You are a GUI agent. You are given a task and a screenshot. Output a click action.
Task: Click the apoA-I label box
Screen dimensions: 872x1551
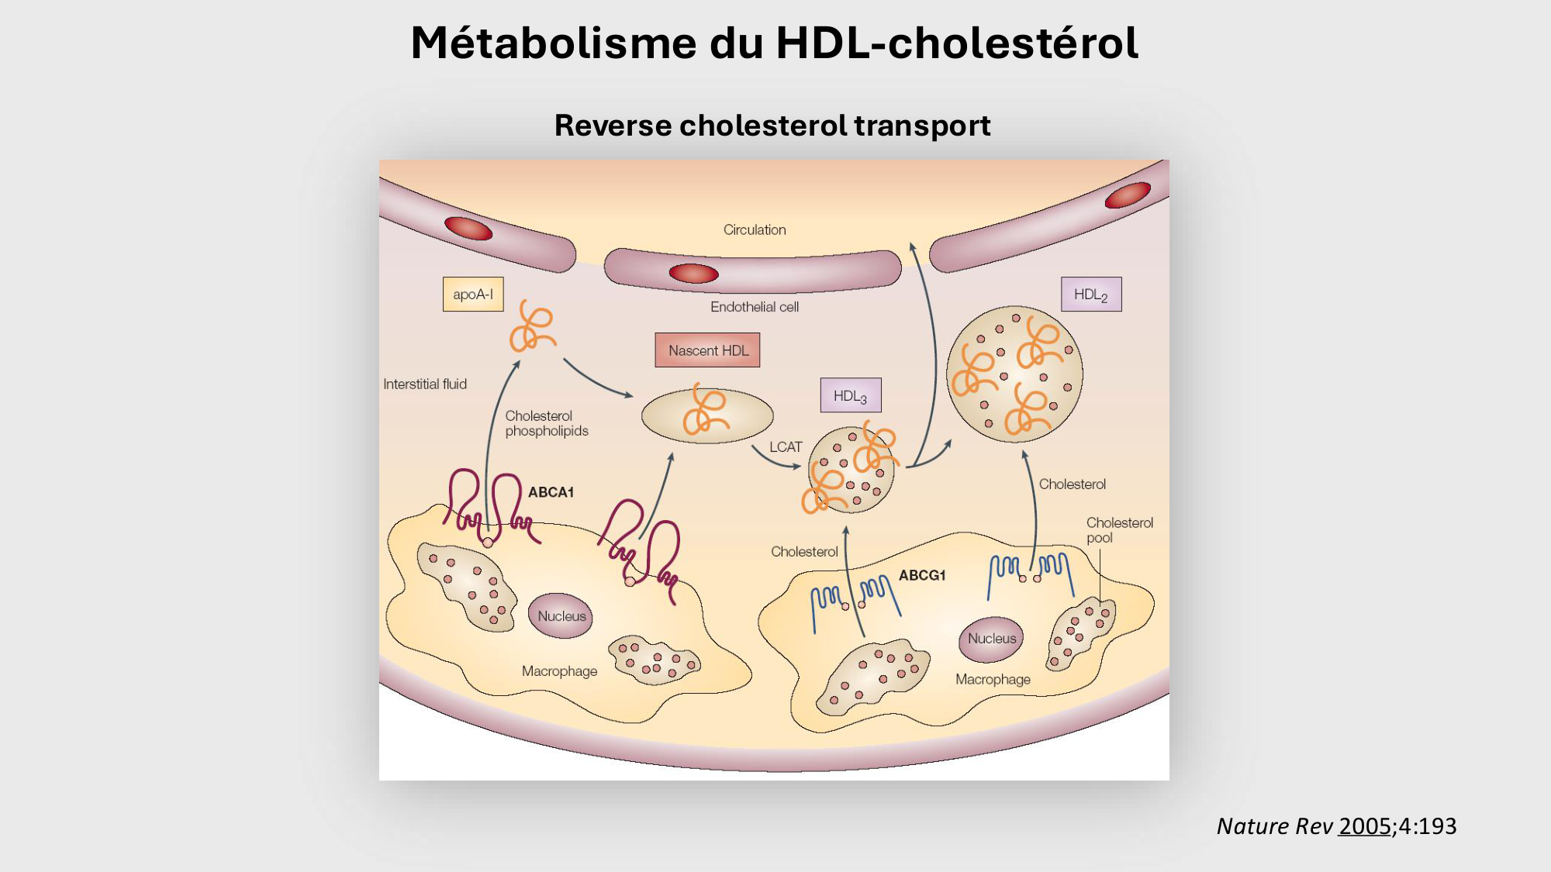tap(473, 295)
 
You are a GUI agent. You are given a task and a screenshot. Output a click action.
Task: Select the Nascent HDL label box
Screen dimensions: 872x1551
tap(707, 350)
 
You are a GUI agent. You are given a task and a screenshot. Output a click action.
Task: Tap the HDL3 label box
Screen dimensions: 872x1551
tap(851, 396)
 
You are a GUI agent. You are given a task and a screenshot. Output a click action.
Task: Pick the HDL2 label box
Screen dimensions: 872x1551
tap(1091, 295)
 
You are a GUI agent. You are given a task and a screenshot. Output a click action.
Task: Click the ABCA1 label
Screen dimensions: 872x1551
tap(551, 492)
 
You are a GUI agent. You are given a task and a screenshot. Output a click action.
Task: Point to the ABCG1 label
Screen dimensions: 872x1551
tap(922, 575)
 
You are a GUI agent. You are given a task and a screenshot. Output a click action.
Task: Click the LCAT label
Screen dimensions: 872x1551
tap(786, 447)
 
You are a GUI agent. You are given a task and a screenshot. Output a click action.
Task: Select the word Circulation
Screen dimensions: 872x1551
tap(755, 230)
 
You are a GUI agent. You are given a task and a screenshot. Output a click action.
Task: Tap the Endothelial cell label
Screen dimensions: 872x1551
tap(755, 307)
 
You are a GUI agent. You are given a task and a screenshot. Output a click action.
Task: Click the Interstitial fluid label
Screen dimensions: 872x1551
tap(425, 384)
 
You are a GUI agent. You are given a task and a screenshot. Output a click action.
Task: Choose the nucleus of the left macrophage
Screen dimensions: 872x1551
tap(561, 616)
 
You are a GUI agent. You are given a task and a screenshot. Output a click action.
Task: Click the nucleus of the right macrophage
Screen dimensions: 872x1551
tap(992, 639)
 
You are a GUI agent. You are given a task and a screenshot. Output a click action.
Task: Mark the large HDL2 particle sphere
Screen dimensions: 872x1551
tap(1014, 374)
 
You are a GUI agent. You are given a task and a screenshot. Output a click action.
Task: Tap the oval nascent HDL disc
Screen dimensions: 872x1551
tap(707, 416)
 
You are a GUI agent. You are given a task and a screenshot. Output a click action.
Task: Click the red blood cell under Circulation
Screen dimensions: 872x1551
tap(693, 274)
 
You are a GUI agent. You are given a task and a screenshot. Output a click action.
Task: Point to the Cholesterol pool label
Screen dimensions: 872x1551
tap(1119, 530)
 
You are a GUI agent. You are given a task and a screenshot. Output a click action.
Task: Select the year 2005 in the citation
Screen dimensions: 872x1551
tap(1364, 826)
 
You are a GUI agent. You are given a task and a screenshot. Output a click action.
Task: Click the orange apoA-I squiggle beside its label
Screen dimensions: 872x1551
tap(532, 326)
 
